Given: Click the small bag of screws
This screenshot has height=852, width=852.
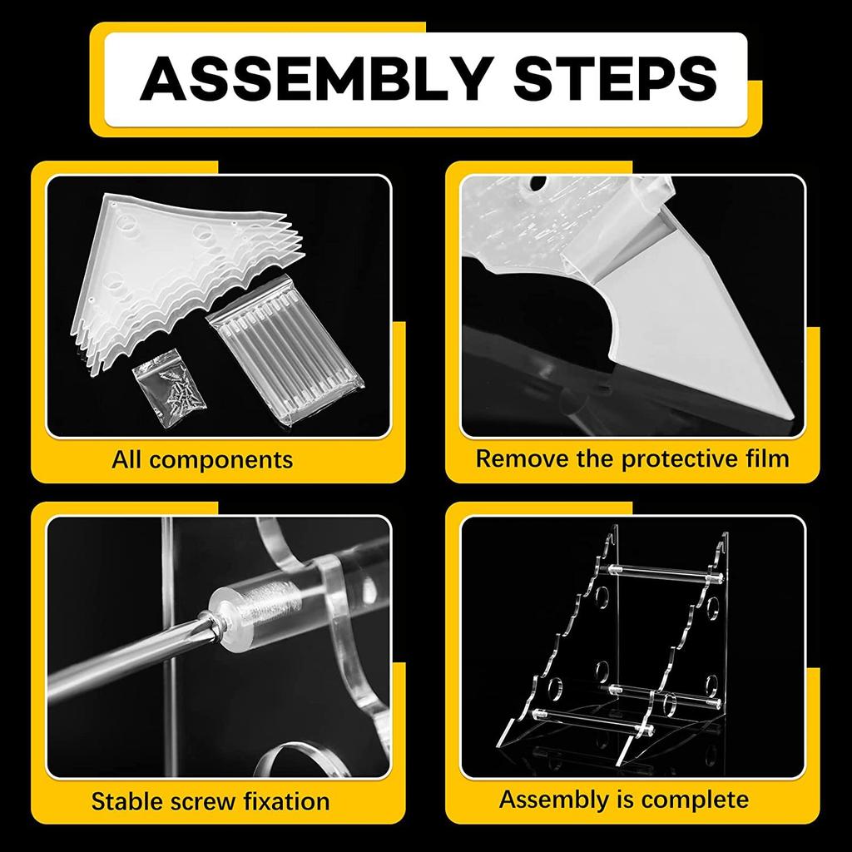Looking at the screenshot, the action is click(169, 389).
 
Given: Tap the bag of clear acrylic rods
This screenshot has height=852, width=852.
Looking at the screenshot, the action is click(286, 347).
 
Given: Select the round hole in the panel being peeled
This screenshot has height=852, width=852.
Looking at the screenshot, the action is click(537, 183).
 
